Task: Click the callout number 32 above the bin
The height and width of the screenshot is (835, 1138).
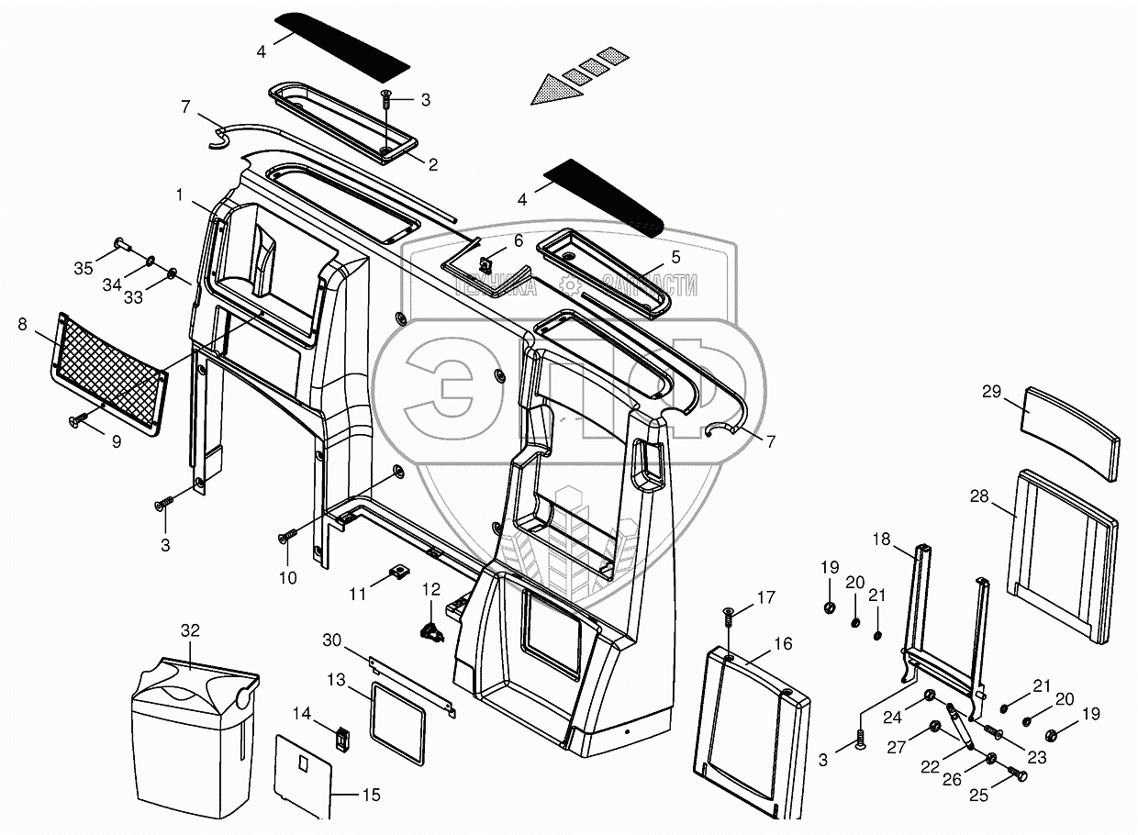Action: (189, 630)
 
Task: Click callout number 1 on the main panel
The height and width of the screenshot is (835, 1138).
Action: (181, 195)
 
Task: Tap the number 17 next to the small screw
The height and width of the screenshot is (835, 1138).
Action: (766, 597)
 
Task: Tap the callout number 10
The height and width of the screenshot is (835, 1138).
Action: (287, 577)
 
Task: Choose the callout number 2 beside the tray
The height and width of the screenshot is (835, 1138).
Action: (432, 165)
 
